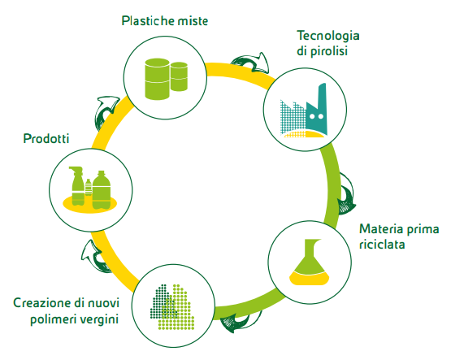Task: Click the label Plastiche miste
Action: [x=164, y=20]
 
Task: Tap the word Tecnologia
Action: [x=328, y=37]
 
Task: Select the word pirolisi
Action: [x=329, y=51]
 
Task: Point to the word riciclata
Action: [x=382, y=245]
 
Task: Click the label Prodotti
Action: [x=46, y=139]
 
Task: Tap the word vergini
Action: [x=99, y=319]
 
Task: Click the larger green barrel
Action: [x=157, y=79]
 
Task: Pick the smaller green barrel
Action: [x=179, y=76]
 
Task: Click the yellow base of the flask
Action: [x=310, y=279]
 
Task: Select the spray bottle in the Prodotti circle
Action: [x=77, y=186]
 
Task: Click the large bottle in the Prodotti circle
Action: [x=102, y=190]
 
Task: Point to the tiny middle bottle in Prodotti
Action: [x=89, y=187]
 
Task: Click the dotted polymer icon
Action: [x=172, y=307]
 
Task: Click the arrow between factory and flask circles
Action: [x=347, y=193]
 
